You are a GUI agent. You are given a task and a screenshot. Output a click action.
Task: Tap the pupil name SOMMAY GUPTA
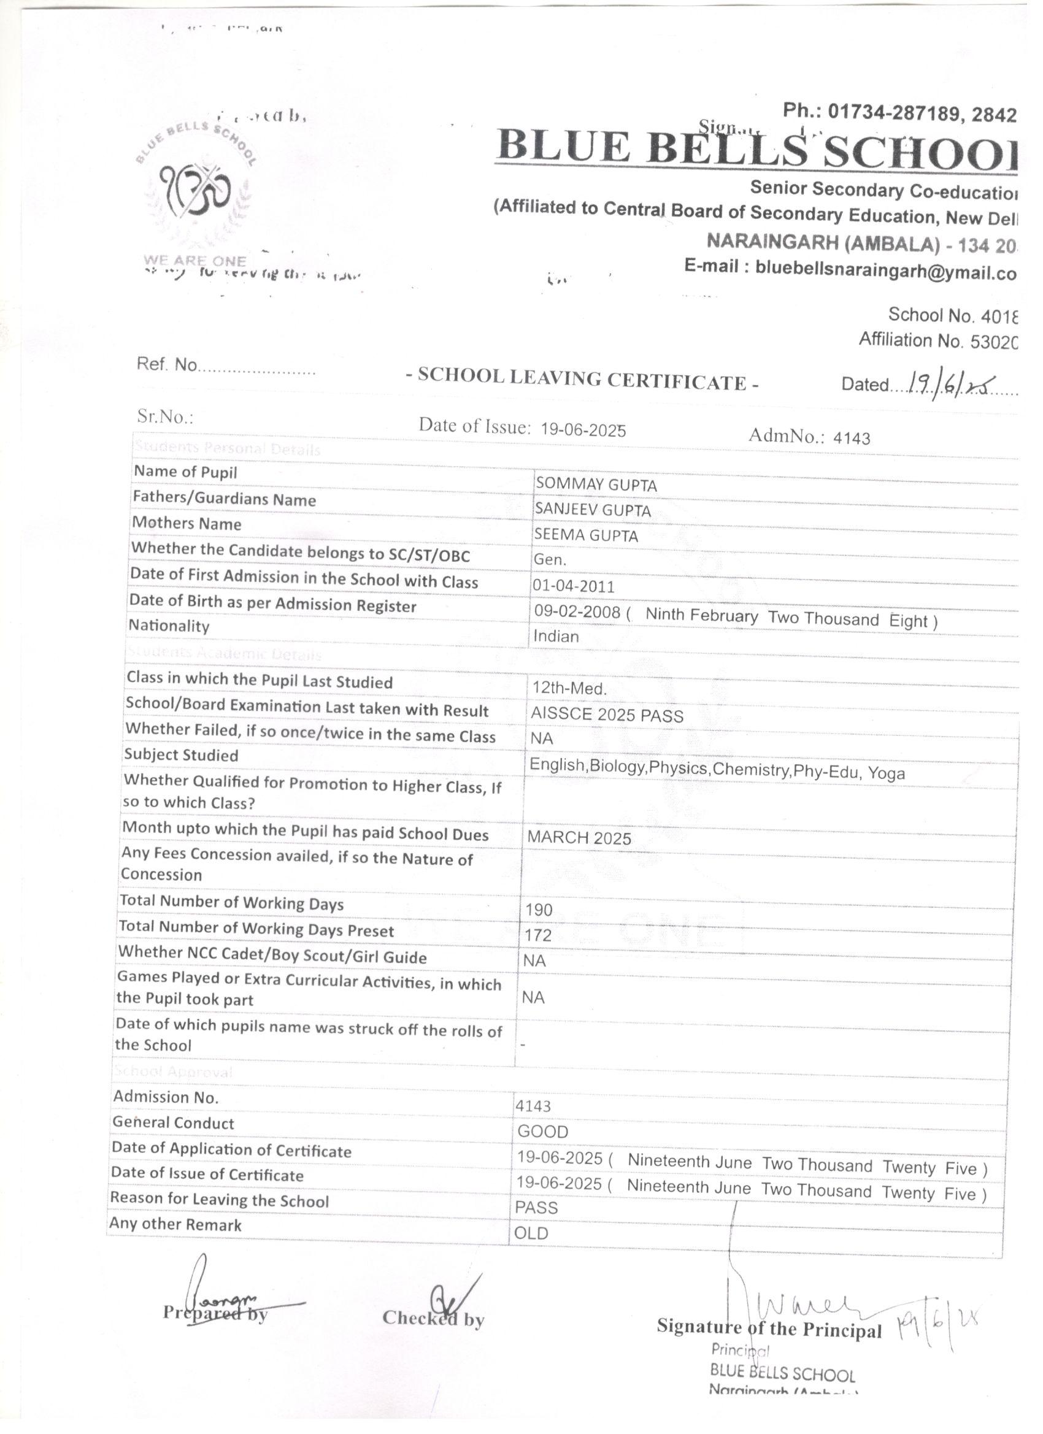(596, 485)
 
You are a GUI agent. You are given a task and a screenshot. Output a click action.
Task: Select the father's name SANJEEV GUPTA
(593, 510)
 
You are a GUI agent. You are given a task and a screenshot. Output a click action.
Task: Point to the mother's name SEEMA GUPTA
(587, 535)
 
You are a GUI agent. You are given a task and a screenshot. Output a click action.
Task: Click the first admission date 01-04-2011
(574, 586)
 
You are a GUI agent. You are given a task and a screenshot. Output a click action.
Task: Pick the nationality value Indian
(556, 636)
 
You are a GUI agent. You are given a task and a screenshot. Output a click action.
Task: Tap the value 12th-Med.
(569, 689)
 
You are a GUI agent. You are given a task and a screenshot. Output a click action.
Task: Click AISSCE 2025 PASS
(607, 716)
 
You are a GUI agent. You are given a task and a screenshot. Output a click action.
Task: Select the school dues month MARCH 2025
(579, 838)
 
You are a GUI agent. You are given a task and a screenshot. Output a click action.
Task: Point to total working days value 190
(539, 910)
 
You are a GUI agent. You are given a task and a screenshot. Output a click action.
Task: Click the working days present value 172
(538, 935)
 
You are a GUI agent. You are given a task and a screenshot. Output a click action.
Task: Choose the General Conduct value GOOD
(543, 1132)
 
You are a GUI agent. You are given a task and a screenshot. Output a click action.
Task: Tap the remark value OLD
(531, 1233)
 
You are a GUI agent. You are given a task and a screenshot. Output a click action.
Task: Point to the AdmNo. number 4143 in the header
(852, 437)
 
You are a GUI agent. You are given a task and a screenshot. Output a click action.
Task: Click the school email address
(885, 270)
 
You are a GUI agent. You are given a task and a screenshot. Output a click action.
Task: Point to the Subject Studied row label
(182, 755)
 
